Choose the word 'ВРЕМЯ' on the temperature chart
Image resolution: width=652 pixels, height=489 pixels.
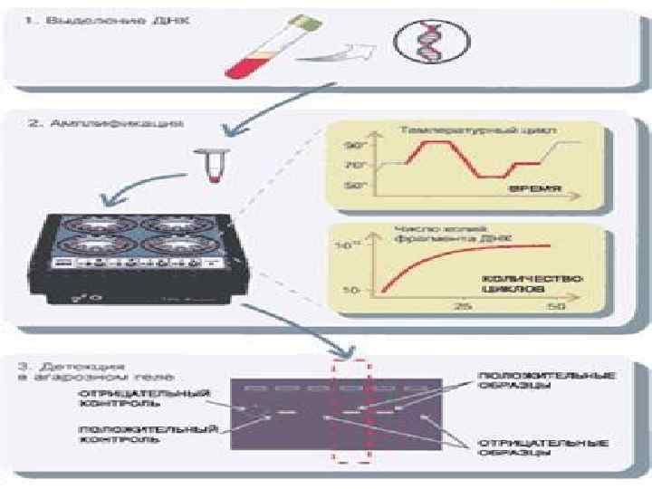tap(535, 190)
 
